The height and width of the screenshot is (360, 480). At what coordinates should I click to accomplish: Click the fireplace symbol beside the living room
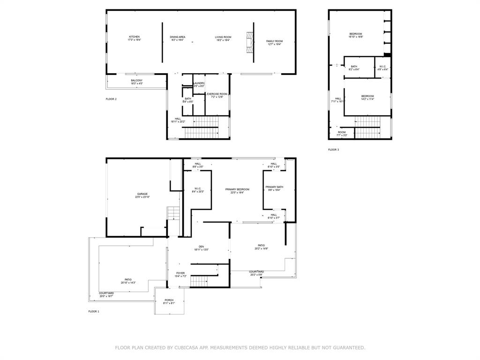(x=250, y=44)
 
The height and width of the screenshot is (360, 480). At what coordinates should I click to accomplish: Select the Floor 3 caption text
(x=333, y=150)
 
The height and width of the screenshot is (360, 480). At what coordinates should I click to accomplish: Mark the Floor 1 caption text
(x=94, y=311)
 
